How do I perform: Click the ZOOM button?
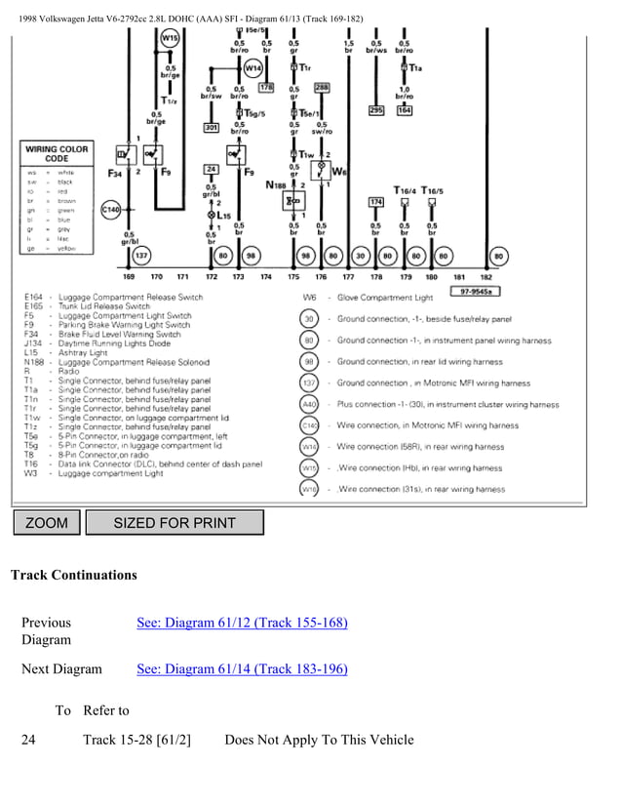click(x=47, y=523)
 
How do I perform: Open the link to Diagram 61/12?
click(x=242, y=623)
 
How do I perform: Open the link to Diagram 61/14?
click(x=242, y=668)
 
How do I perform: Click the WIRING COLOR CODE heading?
click(x=58, y=154)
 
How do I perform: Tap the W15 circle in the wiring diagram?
click(x=172, y=38)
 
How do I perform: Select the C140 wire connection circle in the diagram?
click(x=111, y=209)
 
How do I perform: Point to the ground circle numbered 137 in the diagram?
click(x=140, y=256)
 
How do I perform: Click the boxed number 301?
click(x=211, y=127)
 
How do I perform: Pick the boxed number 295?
click(x=376, y=110)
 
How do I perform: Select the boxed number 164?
click(x=404, y=110)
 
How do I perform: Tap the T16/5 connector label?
click(x=432, y=189)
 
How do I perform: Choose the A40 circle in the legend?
click(x=309, y=404)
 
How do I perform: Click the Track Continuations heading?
click(x=74, y=575)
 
